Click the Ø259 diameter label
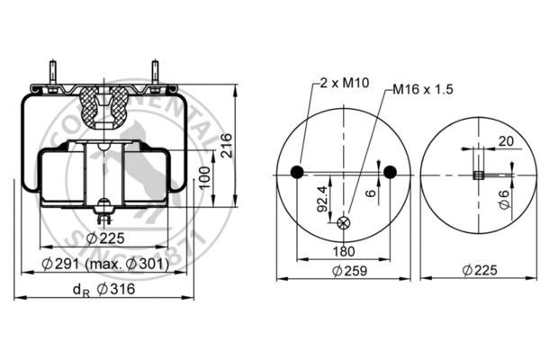point(346,270)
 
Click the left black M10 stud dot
point(298,172)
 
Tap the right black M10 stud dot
point(391,172)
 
